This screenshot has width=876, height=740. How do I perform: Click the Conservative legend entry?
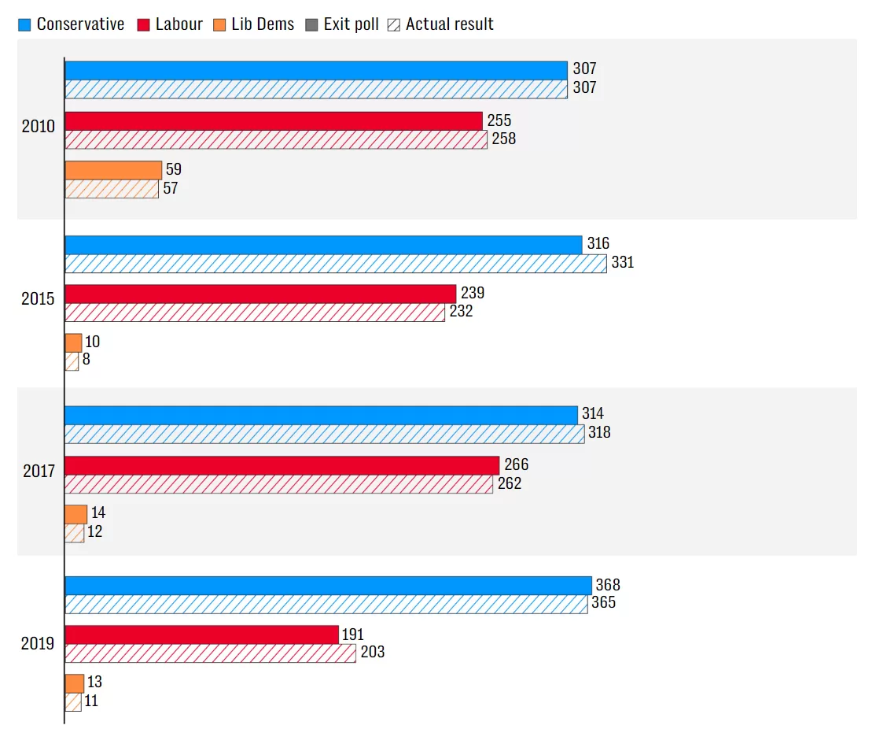(x=72, y=24)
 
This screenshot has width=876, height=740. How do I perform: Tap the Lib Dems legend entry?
(x=253, y=24)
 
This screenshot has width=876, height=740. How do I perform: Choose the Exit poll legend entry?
(x=343, y=24)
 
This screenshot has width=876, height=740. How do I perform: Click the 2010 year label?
(x=38, y=127)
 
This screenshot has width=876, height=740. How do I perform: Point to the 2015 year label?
(x=38, y=300)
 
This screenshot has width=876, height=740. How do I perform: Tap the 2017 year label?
(x=38, y=472)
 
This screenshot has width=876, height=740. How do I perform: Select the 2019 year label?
(x=38, y=644)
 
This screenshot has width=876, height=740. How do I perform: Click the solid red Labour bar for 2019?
(x=201, y=635)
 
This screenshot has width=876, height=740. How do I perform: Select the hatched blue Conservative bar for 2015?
(x=336, y=264)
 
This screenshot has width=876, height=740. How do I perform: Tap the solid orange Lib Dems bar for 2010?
(x=113, y=170)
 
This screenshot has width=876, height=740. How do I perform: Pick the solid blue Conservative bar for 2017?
(x=321, y=415)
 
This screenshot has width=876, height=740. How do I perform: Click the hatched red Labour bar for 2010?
(x=276, y=140)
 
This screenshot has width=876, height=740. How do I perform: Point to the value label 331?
(x=623, y=263)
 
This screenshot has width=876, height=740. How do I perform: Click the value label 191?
(x=352, y=635)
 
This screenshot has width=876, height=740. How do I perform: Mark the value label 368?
(x=608, y=586)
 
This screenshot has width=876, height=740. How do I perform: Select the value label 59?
(x=173, y=169)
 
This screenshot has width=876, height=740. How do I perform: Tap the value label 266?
(x=516, y=465)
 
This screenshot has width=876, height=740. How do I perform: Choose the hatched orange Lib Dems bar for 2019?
(x=73, y=702)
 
